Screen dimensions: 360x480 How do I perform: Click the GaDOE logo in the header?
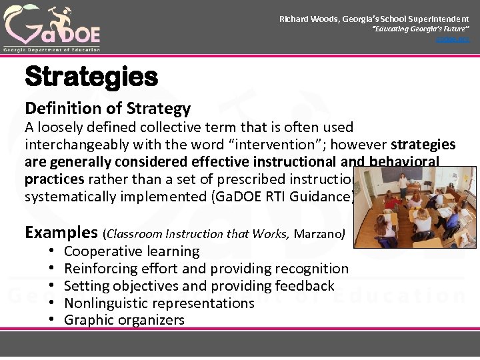51,27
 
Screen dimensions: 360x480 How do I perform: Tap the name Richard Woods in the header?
309,19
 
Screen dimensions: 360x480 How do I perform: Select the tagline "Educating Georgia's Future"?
420,30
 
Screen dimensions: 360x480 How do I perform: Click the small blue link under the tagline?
453,40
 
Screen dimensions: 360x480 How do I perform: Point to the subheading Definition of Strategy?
107,109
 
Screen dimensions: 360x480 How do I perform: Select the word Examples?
61,232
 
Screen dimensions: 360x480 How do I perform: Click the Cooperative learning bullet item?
131,251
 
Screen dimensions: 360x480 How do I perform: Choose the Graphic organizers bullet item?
124,320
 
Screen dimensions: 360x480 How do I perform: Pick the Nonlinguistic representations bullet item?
159,303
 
